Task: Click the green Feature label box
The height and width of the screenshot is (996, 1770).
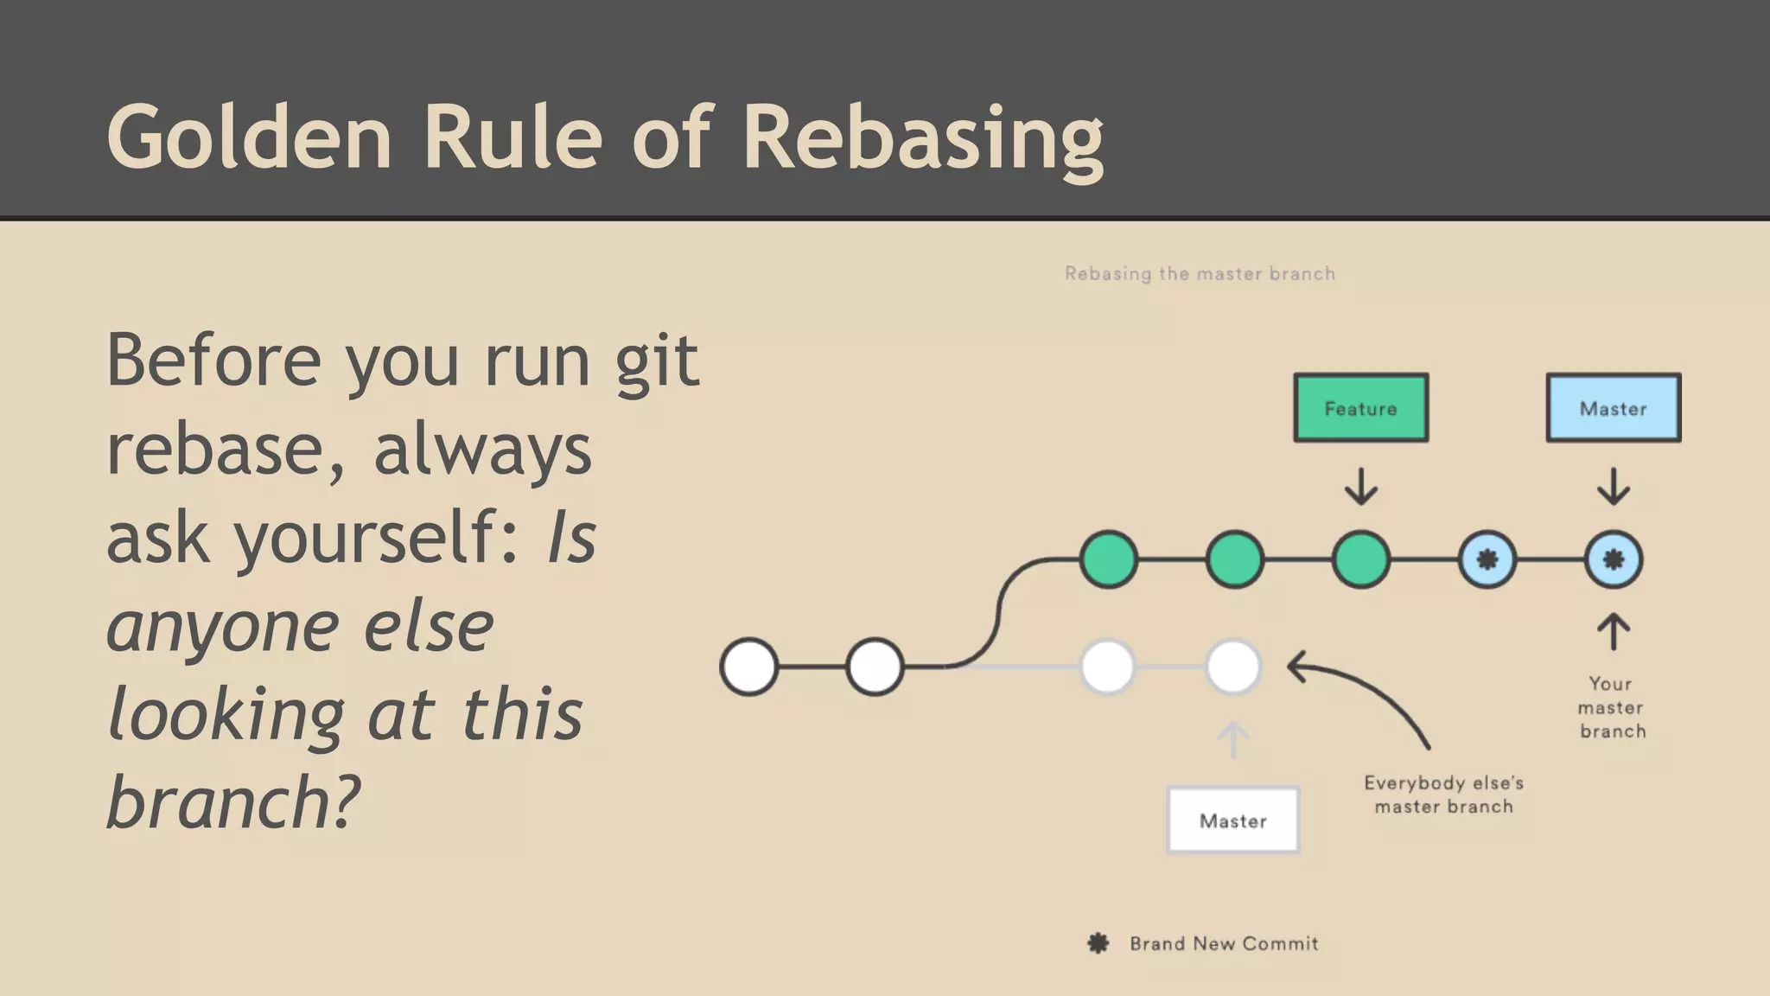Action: pos(1360,408)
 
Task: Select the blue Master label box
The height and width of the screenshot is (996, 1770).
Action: pos(1613,408)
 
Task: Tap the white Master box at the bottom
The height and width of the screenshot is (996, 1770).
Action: pos(1232,820)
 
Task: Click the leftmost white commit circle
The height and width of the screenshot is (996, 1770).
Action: pos(749,667)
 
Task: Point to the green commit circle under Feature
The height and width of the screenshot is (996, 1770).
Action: pos(1360,559)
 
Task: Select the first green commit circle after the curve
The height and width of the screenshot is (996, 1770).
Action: pos(1109,559)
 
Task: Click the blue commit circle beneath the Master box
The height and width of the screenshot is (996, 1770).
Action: pos(1613,559)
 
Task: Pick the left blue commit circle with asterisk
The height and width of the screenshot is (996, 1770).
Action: pos(1487,559)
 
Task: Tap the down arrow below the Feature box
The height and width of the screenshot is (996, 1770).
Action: pos(1360,487)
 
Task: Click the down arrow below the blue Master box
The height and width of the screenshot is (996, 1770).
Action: pos(1613,487)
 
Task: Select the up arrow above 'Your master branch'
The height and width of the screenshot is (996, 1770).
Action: pos(1613,632)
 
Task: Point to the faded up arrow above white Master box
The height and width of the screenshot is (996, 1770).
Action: pos(1233,740)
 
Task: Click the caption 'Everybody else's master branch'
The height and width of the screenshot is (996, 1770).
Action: pos(1443,795)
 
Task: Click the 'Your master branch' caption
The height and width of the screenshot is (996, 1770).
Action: pos(1611,707)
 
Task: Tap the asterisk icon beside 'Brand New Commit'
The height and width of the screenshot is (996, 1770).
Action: pos(1098,943)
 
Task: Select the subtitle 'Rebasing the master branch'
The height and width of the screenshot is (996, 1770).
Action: pos(1200,274)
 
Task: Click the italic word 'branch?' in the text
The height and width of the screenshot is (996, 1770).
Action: pos(232,801)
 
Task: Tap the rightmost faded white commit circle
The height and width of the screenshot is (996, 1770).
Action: pos(1233,667)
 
